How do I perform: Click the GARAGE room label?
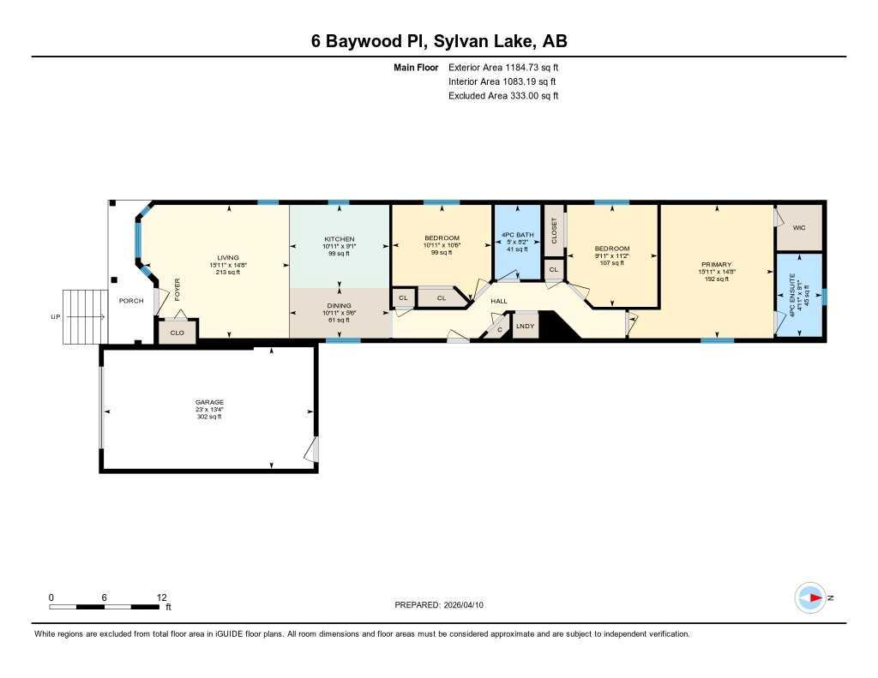(x=209, y=402)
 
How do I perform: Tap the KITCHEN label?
(x=340, y=239)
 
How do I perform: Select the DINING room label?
(x=340, y=306)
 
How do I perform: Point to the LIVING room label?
(x=228, y=258)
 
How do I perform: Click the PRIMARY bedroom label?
(x=717, y=264)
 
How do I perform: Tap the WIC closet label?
(x=799, y=227)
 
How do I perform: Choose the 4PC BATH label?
(x=517, y=235)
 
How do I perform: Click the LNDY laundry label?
(x=526, y=326)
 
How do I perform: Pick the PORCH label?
(x=131, y=301)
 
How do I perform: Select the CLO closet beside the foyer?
(x=177, y=333)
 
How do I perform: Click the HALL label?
(x=499, y=301)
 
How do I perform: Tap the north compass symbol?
(x=810, y=598)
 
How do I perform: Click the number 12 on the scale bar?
(x=162, y=597)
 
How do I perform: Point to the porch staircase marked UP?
(x=85, y=317)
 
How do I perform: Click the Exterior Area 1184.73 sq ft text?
(x=503, y=67)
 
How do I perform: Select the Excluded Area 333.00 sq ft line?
(x=503, y=96)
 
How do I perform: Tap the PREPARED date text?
(x=439, y=604)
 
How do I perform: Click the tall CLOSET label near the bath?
(x=555, y=231)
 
